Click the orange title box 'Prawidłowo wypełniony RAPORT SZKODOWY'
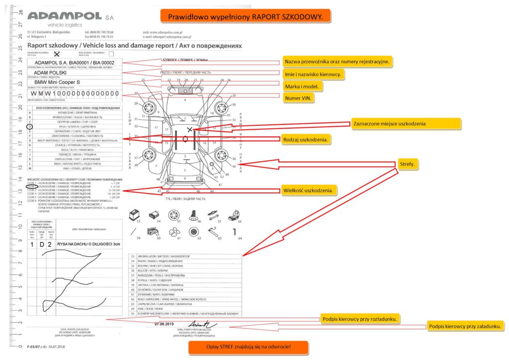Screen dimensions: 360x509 tap(245, 16)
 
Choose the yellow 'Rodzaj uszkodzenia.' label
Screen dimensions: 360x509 tap(306, 140)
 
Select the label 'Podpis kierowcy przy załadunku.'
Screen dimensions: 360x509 tap(466, 326)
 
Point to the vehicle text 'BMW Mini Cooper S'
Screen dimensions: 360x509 tap(57, 83)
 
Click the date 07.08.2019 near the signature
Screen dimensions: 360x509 tap(163, 324)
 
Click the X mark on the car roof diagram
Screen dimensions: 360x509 tap(189, 129)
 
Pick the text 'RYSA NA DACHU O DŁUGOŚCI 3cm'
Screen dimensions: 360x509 tap(89, 245)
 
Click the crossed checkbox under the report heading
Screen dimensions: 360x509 tap(57, 54)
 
